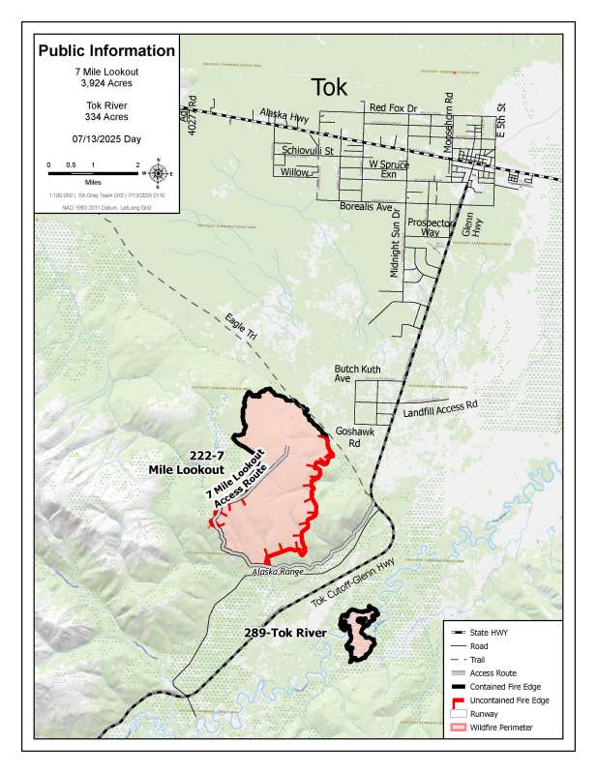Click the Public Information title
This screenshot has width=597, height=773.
pyautogui.click(x=106, y=50)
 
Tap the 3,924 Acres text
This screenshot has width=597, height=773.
pyautogui.click(x=106, y=84)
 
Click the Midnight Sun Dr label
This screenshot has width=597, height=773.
pyautogui.click(x=395, y=250)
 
